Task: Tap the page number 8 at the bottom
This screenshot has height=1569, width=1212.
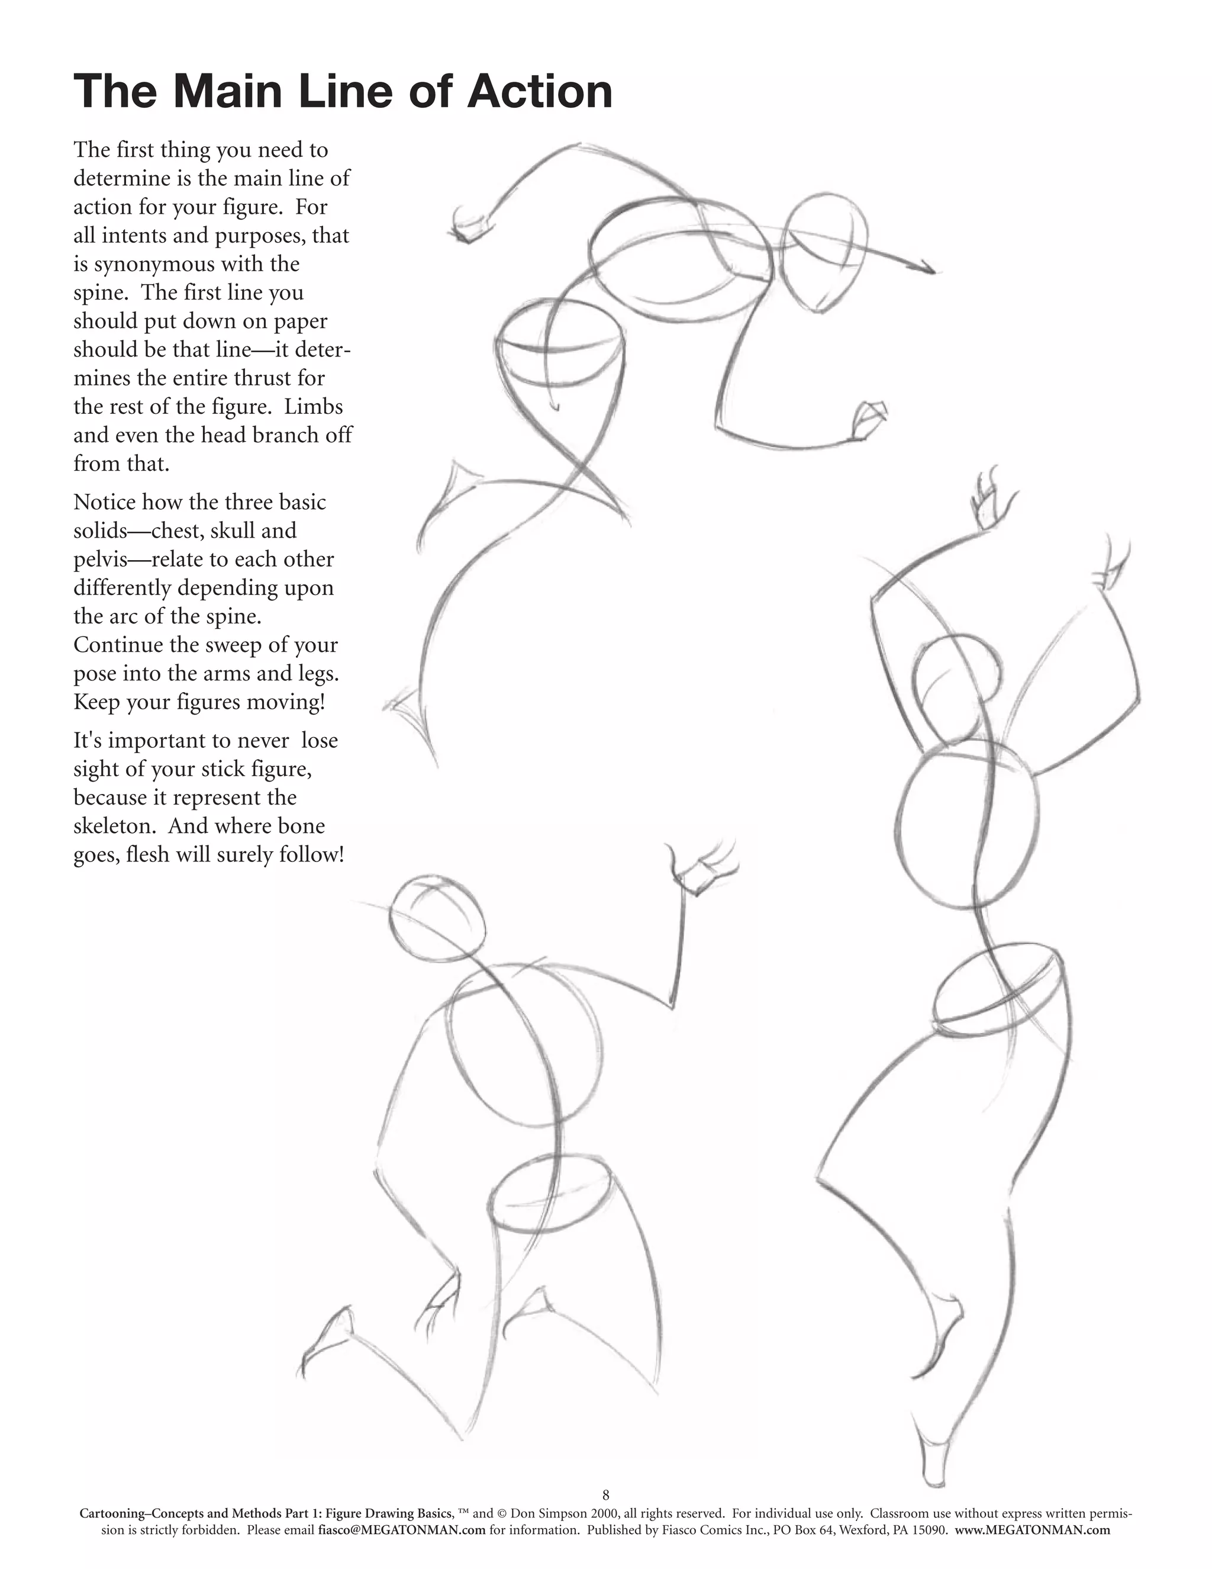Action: point(606,1496)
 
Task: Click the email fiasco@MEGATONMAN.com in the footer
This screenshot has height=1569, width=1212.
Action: point(401,1530)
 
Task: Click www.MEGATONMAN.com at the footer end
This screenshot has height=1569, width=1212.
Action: point(1033,1530)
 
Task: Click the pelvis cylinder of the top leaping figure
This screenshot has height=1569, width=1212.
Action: point(560,345)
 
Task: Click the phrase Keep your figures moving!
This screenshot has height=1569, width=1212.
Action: point(199,701)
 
